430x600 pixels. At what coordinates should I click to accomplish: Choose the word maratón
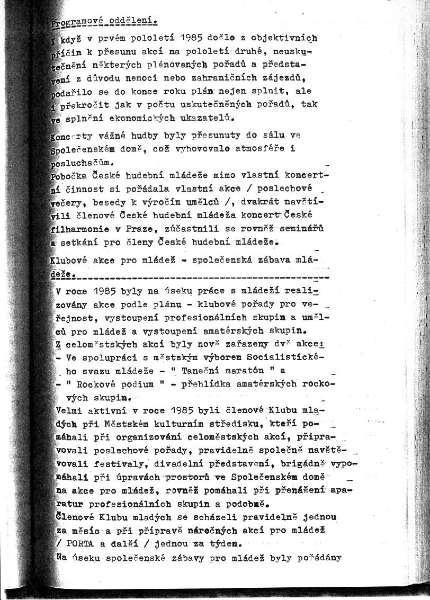pyautogui.click(x=254, y=371)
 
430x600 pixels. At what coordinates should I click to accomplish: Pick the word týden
pyautogui.click(x=225, y=543)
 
